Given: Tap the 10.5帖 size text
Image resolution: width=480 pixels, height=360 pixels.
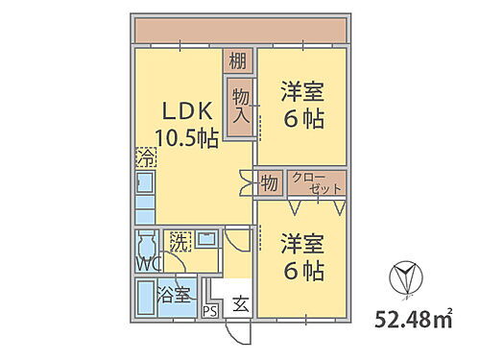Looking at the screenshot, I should [188, 137].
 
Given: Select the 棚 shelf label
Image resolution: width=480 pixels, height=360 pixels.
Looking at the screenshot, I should [238, 62].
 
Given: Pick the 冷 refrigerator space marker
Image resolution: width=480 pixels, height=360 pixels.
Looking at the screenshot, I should [145, 156].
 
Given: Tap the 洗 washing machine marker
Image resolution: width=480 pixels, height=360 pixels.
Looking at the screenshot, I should [180, 241].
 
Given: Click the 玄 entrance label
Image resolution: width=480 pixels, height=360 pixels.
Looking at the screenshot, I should [240, 306].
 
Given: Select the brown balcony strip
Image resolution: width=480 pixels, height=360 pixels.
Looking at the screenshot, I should [240, 31].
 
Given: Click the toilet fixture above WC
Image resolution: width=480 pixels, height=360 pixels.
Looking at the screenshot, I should [147, 243].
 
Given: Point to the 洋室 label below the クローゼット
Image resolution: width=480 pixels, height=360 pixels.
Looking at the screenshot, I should [302, 256].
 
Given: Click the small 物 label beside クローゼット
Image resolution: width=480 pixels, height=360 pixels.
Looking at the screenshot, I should [269, 182].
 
